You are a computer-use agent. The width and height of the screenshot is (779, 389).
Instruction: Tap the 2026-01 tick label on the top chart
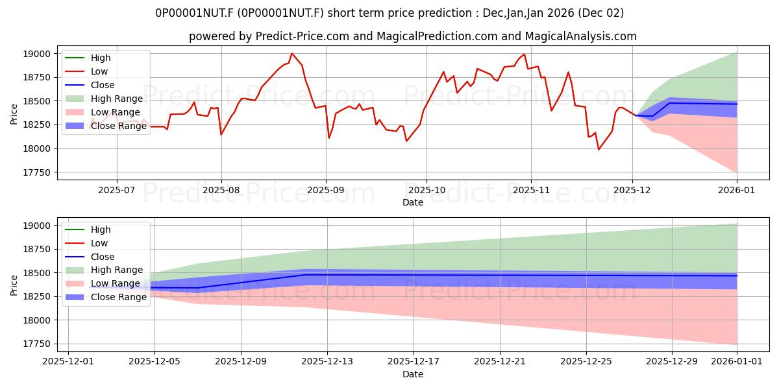tap(737, 189)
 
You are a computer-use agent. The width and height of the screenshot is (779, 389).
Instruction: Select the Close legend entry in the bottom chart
tap(103, 257)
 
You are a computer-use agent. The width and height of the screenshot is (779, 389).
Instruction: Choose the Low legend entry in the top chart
tap(99, 71)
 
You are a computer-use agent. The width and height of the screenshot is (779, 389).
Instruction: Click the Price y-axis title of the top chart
tap(14, 113)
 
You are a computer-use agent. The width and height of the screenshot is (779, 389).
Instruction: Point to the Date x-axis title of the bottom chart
tap(412, 374)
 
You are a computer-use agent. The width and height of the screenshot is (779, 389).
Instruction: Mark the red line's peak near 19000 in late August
tap(291, 54)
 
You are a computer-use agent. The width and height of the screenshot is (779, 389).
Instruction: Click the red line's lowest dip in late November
tap(599, 149)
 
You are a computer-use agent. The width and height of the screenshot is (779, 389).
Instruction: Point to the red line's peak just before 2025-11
tap(524, 54)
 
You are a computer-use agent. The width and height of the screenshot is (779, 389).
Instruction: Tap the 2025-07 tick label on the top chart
tap(117, 189)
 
